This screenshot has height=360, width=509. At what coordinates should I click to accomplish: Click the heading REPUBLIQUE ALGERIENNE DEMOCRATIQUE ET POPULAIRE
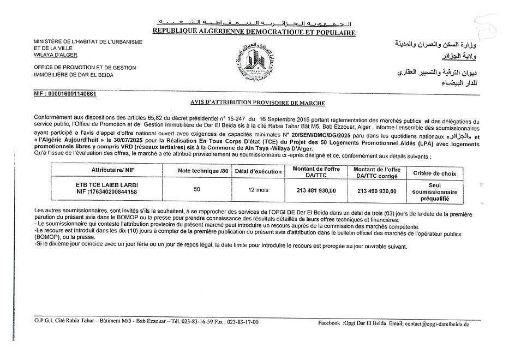tap(254, 33)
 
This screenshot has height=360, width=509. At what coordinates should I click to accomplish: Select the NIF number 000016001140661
tap(65, 94)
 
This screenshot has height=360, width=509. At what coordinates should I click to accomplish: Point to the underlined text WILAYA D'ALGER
tap(55, 55)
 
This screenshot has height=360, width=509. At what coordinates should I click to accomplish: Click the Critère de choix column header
tap(434, 173)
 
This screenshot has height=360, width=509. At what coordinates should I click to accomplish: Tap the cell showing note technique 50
tap(197, 189)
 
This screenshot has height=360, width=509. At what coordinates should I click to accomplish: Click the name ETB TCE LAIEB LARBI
tap(106, 185)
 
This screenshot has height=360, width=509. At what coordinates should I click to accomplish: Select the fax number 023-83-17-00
tap(242, 322)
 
